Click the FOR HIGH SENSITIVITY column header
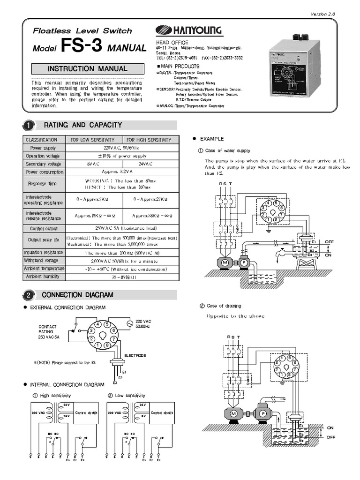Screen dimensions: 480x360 [x=149, y=140]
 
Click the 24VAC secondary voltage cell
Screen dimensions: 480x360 [x=149, y=164]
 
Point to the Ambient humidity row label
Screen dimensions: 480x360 [x=43, y=277]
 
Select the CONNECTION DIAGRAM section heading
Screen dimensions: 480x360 [x=78, y=295]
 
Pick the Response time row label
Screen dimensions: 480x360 [x=43, y=184]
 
